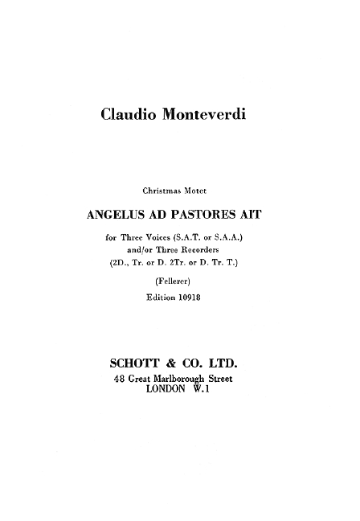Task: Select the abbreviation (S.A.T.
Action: pyautogui.click(x=198, y=239)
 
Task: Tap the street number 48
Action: pyautogui.click(x=121, y=379)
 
